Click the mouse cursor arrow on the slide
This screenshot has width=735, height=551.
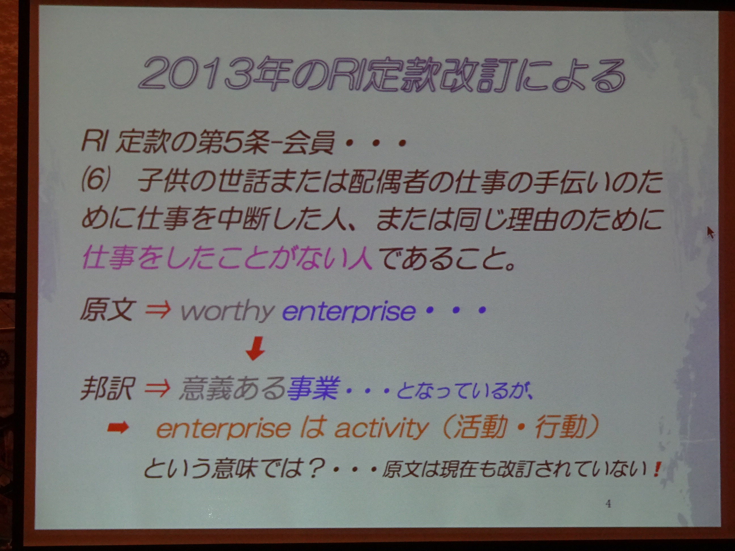click(x=710, y=232)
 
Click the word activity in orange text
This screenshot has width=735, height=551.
click(x=381, y=429)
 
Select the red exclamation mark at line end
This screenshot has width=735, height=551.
click(x=656, y=469)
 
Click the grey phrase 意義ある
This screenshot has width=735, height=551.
click(x=232, y=388)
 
